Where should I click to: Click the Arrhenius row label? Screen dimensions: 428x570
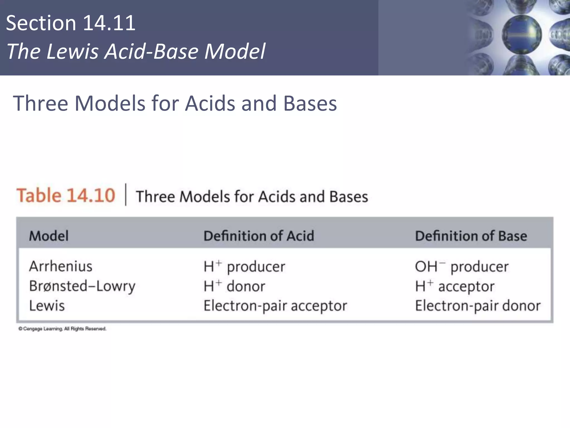[61, 266]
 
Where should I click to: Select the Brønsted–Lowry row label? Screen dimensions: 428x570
[82, 286]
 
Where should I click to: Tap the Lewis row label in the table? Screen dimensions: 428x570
[47, 306]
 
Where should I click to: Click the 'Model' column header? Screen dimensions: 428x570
[49, 236]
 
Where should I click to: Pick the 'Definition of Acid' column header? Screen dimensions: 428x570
[259, 236]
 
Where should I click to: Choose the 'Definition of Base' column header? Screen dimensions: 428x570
[471, 236]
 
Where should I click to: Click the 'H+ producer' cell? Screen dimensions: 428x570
[244, 266]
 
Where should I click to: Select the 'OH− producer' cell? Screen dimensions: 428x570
[461, 266]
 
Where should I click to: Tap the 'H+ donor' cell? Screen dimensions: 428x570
[234, 286]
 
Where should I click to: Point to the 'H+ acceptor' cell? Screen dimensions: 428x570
[455, 286]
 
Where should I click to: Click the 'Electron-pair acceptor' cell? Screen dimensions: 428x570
[275, 306]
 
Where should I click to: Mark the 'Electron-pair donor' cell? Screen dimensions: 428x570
[478, 306]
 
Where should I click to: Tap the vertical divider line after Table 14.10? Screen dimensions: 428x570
[126, 194]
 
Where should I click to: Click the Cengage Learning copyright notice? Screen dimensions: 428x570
[62, 329]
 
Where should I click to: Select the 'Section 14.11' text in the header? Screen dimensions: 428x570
[70, 23]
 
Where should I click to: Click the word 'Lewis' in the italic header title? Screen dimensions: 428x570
[72, 52]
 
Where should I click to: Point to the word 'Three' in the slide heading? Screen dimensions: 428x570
[40, 103]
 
